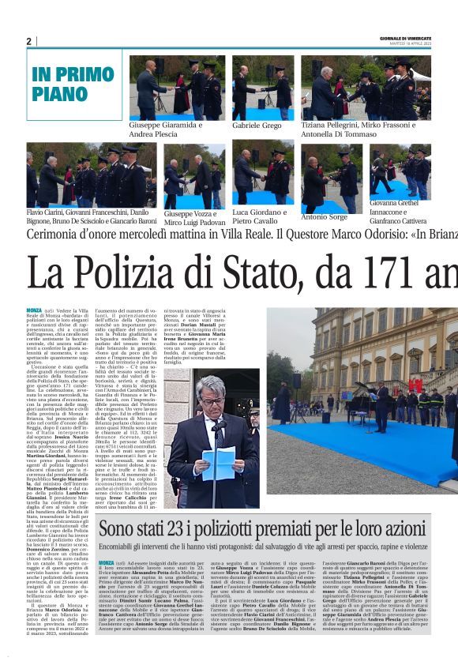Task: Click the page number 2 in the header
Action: click(x=28, y=41)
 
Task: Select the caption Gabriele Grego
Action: click(x=257, y=126)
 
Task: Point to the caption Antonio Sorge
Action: click(x=324, y=217)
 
